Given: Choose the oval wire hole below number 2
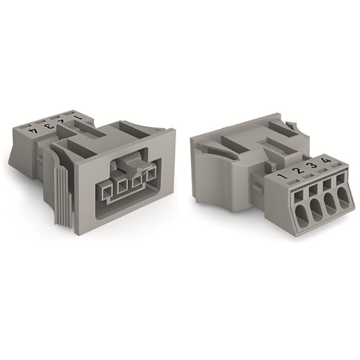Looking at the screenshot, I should pos(314,211).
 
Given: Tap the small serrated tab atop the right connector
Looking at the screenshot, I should pos(290,123).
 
